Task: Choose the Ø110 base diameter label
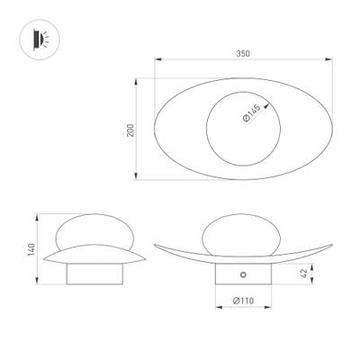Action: (x=241, y=300)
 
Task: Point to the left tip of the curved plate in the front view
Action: (x=156, y=244)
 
